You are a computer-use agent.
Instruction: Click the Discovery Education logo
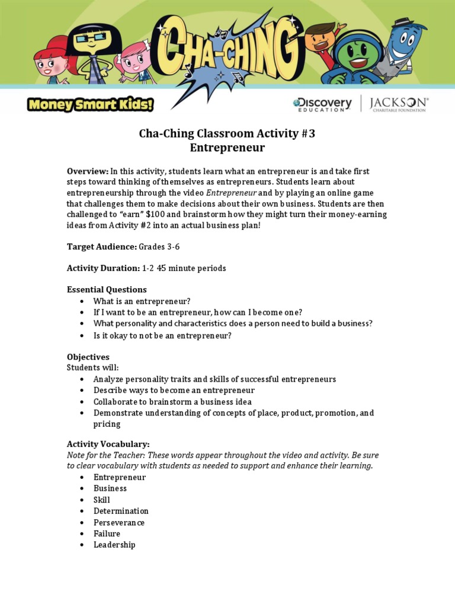click(x=322, y=104)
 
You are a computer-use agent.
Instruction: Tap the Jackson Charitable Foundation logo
click(x=399, y=104)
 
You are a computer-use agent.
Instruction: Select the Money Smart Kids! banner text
click(x=90, y=105)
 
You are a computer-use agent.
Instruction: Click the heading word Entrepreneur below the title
click(x=227, y=148)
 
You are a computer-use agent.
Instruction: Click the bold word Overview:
click(x=88, y=171)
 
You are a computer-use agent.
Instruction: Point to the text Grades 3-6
click(x=159, y=246)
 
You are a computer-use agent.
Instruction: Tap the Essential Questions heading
click(x=107, y=289)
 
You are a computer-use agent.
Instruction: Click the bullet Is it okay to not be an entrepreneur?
click(x=162, y=336)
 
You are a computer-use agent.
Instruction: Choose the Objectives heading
click(x=88, y=357)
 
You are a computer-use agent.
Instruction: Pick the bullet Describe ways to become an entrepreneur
click(x=174, y=390)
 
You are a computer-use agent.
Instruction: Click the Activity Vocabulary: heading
click(x=108, y=444)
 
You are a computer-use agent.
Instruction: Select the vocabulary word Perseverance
click(x=118, y=522)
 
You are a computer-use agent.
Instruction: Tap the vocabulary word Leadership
click(x=114, y=545)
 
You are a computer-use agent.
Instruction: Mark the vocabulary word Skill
click(x=101, y=500)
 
